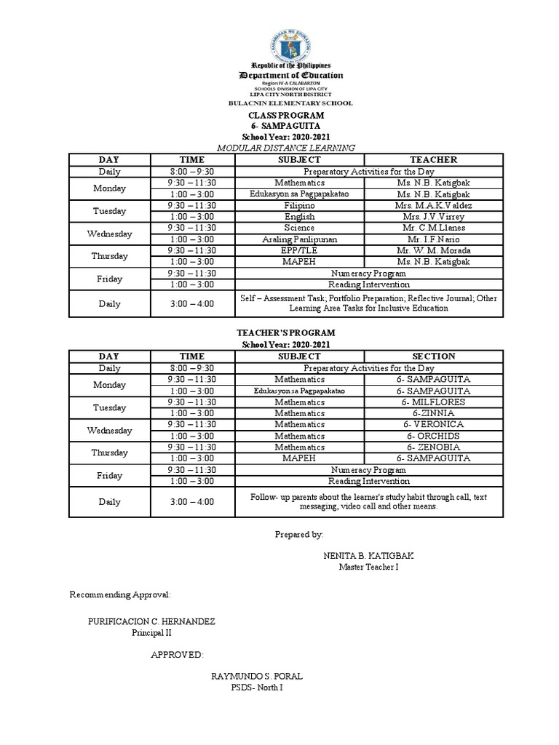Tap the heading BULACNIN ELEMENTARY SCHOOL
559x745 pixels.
290,103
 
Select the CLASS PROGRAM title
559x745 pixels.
286,116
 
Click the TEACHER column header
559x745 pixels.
433,159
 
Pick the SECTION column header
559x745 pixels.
433,356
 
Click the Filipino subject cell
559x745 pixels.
299,206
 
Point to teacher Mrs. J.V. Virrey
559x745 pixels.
433,217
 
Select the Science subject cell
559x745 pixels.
299,228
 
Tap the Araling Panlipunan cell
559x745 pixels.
299,239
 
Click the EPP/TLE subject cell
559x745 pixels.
299,250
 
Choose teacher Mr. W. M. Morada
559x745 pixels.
433,250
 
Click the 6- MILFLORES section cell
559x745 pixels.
433,402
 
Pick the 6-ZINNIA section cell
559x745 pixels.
433,413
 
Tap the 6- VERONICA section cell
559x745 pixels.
433,424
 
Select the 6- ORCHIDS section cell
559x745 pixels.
433,436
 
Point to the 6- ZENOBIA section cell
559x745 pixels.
433,447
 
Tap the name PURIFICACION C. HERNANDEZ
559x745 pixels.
151,622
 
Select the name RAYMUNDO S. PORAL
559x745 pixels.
256,676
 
